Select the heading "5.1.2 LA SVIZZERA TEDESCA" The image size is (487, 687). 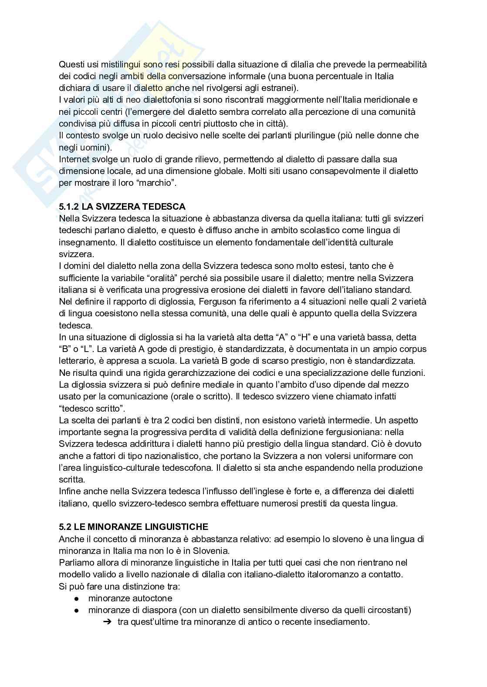pos(122,207)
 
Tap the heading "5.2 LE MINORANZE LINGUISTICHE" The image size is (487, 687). pos(133,527)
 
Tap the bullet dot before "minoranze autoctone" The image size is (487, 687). pos(76,599)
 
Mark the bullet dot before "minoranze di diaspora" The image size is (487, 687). pos(76,610)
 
